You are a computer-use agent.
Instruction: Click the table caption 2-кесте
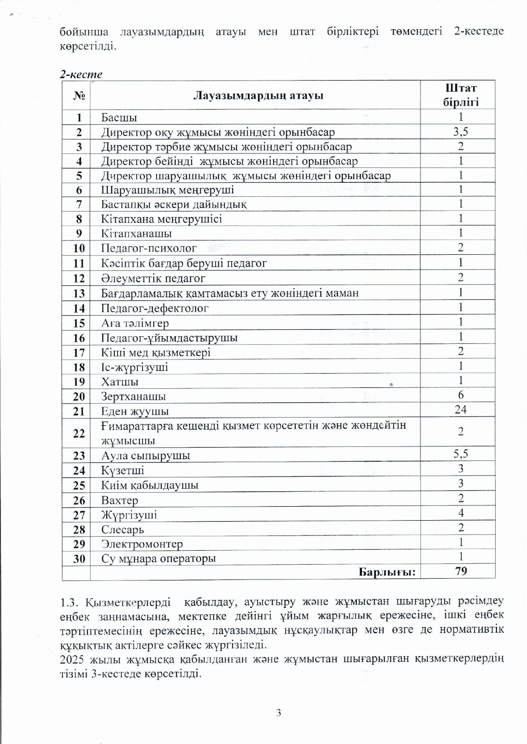coord(81,74)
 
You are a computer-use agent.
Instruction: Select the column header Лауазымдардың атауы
coord(258,95)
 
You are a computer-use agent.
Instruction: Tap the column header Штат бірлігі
coord(460,95)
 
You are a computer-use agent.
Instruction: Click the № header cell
coord(79,95)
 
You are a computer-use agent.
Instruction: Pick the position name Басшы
coord(119,117)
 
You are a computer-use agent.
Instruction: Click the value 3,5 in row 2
coord(460,132)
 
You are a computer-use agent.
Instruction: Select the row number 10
coord(79,248)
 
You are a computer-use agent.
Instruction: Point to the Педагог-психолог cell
coord(149,248)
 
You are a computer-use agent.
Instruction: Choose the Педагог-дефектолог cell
coord(154,308)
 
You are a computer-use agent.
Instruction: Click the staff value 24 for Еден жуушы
coord(460,410)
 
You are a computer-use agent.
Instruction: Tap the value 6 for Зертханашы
coord(461,395)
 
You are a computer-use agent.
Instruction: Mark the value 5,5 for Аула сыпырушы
coord(460,454)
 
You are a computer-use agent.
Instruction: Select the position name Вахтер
coord(119,500)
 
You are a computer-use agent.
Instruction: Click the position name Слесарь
coord(122,529)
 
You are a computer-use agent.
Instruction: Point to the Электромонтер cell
coord(142,544)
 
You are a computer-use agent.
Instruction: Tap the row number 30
coord(79,559)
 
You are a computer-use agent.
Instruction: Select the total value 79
coord(461,571)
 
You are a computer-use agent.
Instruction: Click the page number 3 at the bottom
coord(278,713)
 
